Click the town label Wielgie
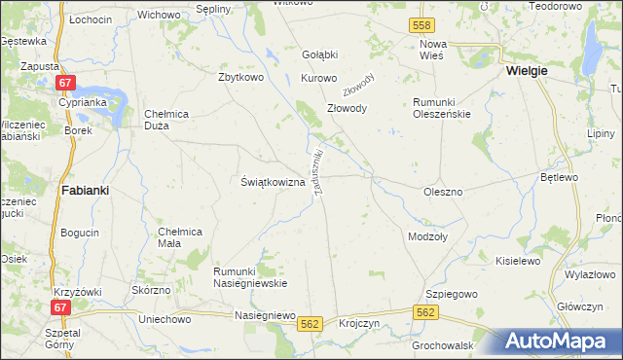[x=527, y=71]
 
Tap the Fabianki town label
[x=85, y=191]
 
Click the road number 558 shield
[x=421, y=23]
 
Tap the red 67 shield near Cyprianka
[x=66, y=84]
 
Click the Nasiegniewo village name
[x=265, y=315]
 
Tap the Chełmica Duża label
[x=171, y=120]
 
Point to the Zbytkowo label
[x=243, y=77]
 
